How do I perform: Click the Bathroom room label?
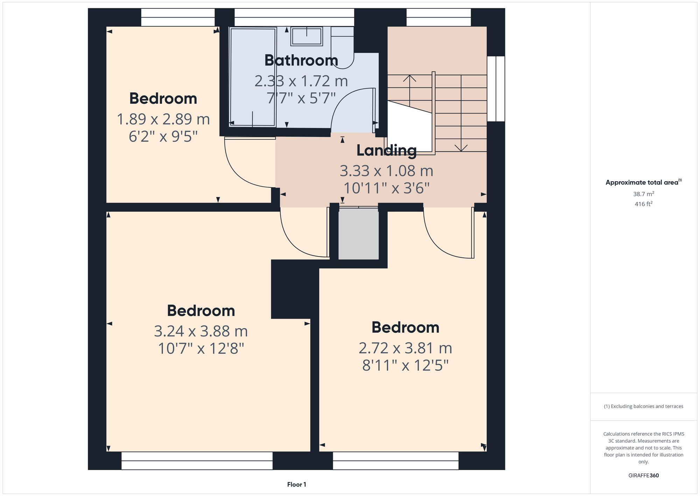(301, 60)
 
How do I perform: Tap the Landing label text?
(386, 150)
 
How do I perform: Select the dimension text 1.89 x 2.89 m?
(163, 119)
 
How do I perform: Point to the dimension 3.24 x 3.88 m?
(201, 331)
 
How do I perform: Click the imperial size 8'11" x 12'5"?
(405, 366)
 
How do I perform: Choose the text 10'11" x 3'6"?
(386, 188)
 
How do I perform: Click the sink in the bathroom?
(307, 36)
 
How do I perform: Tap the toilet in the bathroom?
(342, 49)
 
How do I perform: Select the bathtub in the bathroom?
(253, 77)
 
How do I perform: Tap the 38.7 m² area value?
(643, 194)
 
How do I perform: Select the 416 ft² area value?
(643, 204)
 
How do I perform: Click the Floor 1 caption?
(296, 484)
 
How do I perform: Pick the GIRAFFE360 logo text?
(643, 475)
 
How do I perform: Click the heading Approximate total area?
(642, 182)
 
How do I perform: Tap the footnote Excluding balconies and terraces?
(643, 406)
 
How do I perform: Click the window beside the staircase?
(496, 89)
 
